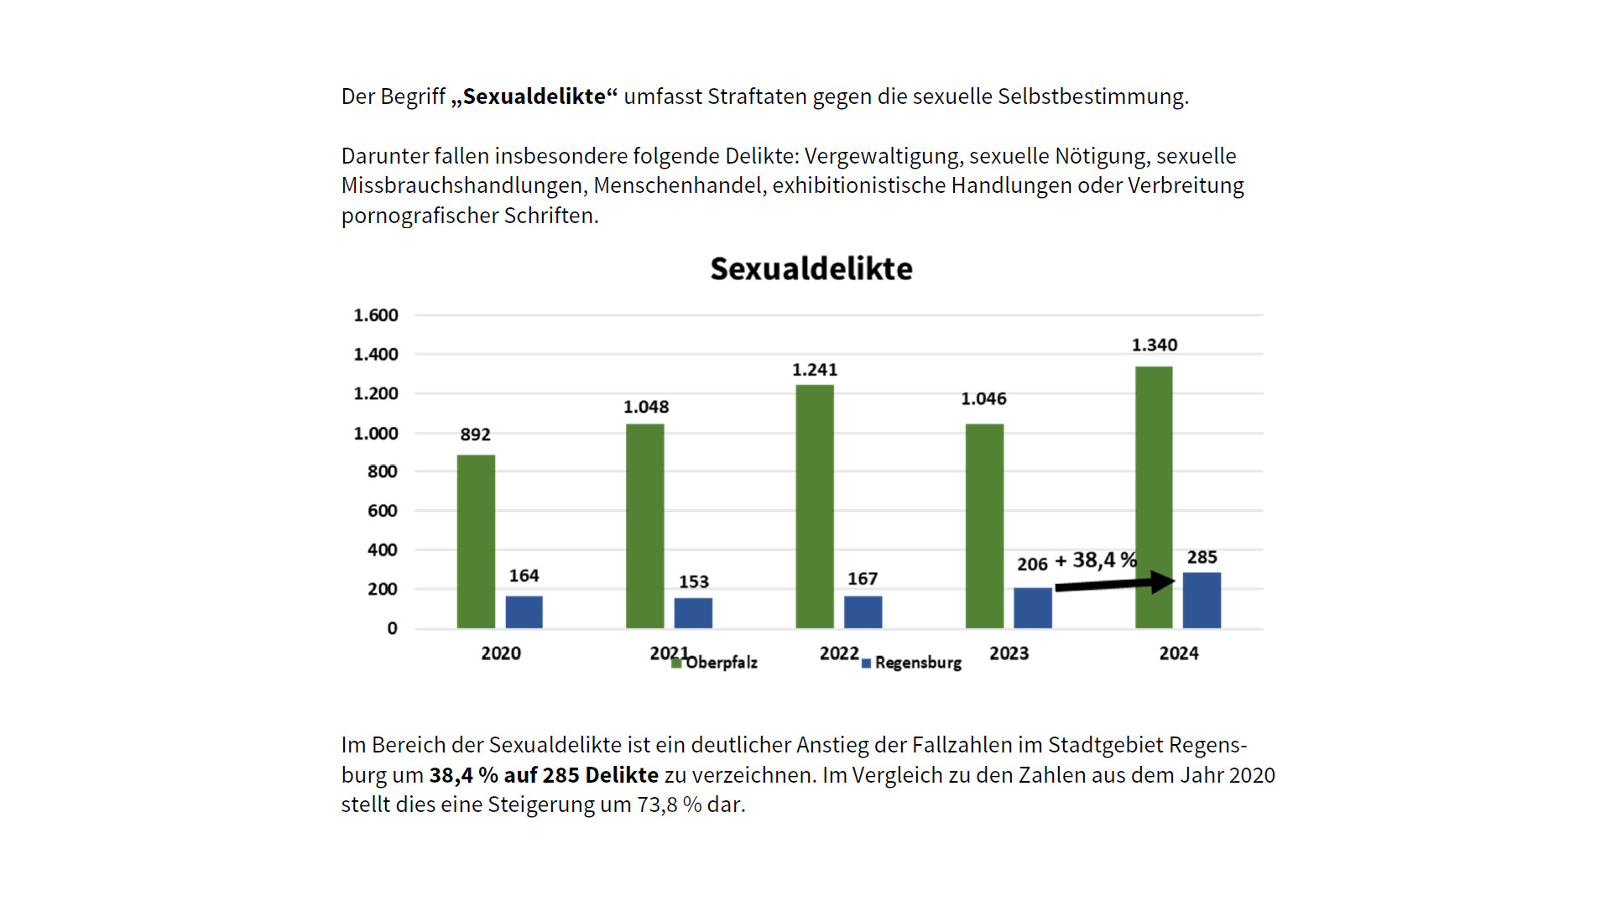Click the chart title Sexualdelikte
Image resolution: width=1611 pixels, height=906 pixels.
tap(811, 269)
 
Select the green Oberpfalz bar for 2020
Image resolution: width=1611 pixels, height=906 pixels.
tap(476, 541)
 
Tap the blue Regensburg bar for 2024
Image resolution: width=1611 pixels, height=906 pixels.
tap(1202, 600)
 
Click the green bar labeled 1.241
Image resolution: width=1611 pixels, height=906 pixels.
tap(814, 506)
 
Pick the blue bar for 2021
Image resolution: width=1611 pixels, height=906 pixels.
tap(693, 612)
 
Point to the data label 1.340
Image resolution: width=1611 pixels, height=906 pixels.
tap(1154, 345)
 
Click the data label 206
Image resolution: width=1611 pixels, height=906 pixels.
tap(1032, 565)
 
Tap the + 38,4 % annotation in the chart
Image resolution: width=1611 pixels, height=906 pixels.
tap(1096, 560)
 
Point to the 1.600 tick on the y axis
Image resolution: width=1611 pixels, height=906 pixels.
tap(375, 315)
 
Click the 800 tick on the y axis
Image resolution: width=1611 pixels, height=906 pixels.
tap(382, 471)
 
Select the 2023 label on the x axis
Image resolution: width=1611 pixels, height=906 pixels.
tap(1009, 653)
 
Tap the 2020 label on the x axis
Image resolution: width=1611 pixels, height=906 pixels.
tap(501, 653)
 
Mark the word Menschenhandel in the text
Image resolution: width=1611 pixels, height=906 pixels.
tap(680, 185)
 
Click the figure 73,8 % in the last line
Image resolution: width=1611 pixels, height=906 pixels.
tap(669, 804)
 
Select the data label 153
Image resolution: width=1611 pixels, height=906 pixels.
tap(693, 581)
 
